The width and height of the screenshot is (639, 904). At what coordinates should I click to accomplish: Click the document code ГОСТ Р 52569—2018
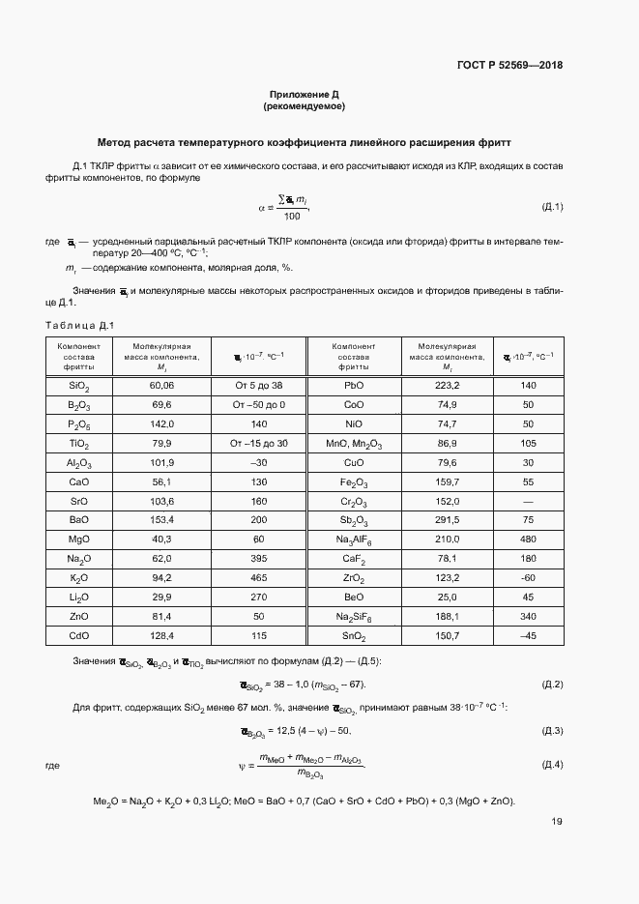point(508,66)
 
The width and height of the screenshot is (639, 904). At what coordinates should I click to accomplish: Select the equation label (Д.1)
point(552,207)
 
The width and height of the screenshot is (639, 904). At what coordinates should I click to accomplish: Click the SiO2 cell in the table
point(79,386)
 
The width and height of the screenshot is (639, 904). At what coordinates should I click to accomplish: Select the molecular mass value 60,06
point(161,385)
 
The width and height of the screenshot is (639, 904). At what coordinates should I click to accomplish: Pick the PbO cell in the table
point(353,385)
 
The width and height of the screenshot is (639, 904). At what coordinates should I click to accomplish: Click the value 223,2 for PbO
point(447,385)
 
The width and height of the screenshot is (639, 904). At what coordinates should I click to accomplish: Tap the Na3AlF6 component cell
point(353,539)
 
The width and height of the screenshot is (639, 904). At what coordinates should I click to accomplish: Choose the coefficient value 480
point(528,539)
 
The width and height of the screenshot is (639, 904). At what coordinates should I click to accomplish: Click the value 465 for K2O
point(257,578)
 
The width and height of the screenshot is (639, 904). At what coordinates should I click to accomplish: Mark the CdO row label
point(79,636)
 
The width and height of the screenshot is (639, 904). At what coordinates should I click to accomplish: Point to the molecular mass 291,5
point(447,520)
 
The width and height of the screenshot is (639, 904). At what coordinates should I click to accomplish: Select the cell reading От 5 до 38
point(257,385)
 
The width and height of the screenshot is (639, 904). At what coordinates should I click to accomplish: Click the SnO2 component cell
point(353,636)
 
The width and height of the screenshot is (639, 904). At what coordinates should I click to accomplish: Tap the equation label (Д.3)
point(552,730)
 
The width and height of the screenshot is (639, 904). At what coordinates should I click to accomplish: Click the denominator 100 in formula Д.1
point(292,216)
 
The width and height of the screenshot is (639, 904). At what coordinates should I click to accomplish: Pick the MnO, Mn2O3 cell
point(353,443)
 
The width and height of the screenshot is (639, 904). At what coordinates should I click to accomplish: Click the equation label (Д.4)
point(552,766)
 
